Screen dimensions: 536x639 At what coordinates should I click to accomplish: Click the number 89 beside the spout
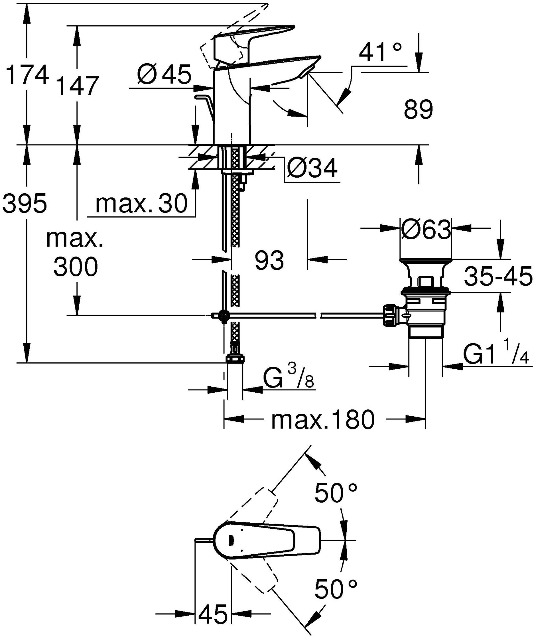pyautogui.click(x=418, y=110)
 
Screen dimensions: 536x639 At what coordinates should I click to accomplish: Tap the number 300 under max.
pyautogui.click(x=75, y=267)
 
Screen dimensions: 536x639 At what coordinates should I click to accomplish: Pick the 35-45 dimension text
pyautogui.click(x=498, y=277)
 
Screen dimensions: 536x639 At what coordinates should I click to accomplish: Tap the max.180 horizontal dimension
pyautogui.click(x=322, y=420)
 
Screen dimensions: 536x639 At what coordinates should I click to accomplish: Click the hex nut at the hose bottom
pyautogui.click(x=235, y=359)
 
